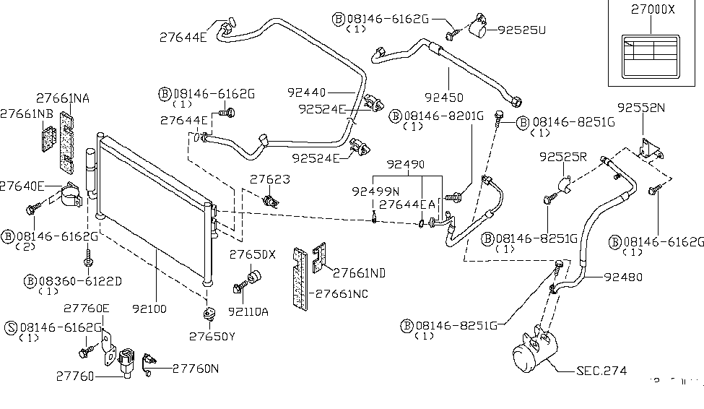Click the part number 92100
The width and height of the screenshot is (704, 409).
[149, 309]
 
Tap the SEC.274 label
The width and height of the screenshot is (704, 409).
[601, 371]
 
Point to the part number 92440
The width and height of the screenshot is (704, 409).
[307, 92]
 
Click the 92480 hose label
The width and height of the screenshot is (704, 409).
[623, 276]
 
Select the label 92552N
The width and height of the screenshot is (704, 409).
[640, 108]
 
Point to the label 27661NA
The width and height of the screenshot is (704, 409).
[64, 98]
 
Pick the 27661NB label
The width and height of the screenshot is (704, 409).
[26, 113]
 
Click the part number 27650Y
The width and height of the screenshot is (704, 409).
[212, 336]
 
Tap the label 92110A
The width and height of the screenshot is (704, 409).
[248, 311]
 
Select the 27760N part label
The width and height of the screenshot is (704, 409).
[196, 368]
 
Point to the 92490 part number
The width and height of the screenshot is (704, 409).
[406, 164]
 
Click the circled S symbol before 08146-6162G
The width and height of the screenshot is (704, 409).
[12, 327]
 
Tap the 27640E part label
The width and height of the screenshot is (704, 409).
[22, 185]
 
